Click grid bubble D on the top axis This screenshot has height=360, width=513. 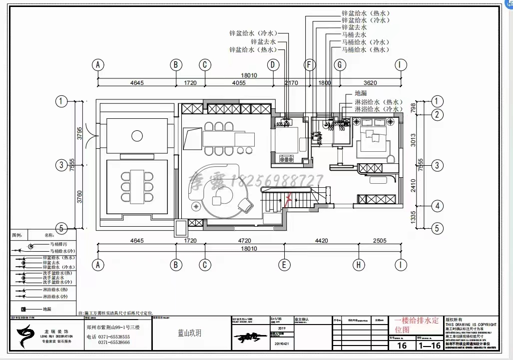pos(272,65)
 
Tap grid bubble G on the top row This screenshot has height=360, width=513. pos(340,65)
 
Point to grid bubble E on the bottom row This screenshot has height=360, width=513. pos(284,265)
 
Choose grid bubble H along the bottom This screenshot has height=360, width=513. pos(358,265)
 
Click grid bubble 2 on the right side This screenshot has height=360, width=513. pos(437,115)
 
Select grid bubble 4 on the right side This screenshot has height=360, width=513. pos(437,206)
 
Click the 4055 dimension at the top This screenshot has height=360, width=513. pos(238,83)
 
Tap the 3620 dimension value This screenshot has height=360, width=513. pos(370,83)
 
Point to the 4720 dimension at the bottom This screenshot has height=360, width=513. pos(244,241)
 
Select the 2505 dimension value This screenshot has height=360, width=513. pos(379,241)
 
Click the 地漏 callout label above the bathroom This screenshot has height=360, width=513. pos(361,93)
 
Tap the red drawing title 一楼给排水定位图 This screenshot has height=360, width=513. pos(417,325)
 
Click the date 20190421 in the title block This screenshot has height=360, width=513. pos(281,344)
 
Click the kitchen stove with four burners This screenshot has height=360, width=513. pos(286,159)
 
